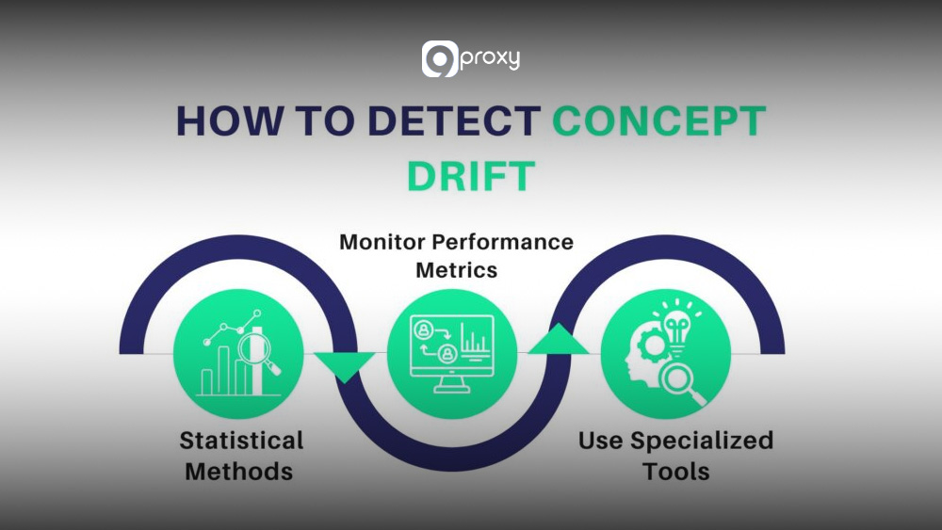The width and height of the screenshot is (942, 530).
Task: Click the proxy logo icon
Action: (440, 59)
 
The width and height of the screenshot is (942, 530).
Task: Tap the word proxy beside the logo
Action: (490, 59)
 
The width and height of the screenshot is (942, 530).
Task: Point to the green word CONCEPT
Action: (658, 124)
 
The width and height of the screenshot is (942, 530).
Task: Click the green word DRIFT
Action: (471, 176)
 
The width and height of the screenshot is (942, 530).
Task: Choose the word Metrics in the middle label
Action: (456, 270)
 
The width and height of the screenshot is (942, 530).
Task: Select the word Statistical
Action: (241, 441)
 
